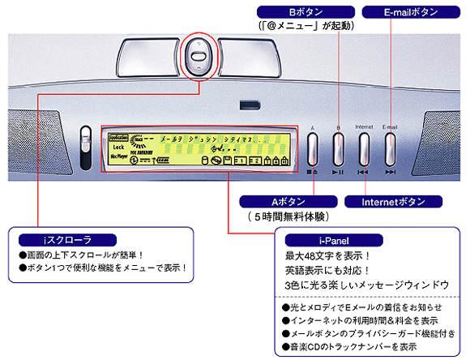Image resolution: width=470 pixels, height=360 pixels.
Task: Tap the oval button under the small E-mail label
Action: point(391,148)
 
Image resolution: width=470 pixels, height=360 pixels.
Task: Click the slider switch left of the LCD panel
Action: point(85,143)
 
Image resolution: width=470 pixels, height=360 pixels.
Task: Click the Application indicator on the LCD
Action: point(119,139)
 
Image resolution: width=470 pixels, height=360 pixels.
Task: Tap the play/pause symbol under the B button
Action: point(338,172)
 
